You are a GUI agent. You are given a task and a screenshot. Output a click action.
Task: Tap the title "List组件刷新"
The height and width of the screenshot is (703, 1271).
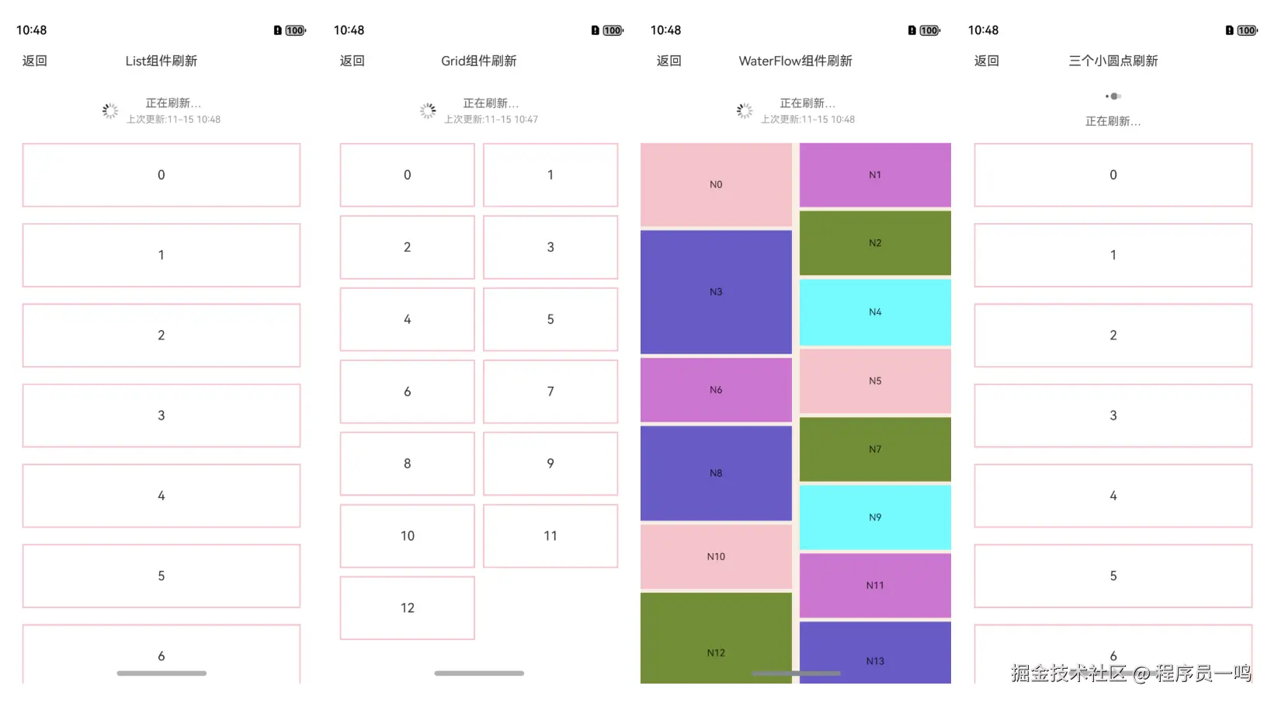[x=161, y=61]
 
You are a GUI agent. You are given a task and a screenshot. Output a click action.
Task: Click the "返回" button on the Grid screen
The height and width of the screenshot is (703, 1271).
[x=352, y=61]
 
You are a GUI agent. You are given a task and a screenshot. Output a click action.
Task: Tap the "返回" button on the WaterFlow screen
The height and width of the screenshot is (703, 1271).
[x=668, y=61]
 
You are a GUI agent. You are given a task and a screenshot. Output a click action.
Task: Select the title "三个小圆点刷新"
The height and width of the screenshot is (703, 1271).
[x=1113, y=61]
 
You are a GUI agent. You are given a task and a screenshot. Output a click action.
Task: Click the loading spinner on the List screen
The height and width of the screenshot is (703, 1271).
[x=110, y=111]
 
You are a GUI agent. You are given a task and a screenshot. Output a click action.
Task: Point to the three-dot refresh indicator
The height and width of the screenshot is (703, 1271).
[x=1113, y=96]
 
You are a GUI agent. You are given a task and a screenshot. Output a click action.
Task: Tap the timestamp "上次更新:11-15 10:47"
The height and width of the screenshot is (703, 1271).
[x=491, y=120]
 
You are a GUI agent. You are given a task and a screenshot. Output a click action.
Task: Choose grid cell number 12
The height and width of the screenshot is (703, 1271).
[x=407, y=608]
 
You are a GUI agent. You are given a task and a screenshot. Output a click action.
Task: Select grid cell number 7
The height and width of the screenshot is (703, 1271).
[x=550, y=392]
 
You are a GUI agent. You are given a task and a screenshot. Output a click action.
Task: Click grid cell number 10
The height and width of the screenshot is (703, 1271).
[x=407, y=536]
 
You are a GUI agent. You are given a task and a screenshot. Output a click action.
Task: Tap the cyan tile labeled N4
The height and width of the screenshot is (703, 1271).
[x=875, y=312]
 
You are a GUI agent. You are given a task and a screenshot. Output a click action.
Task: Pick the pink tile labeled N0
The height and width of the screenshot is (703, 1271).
[x=716, y=185]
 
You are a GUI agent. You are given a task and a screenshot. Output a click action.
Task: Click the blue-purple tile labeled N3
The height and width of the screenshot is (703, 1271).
[x=716, y=292]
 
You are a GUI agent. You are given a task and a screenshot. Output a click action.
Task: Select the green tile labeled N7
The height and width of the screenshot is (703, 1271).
[x=875, y=449]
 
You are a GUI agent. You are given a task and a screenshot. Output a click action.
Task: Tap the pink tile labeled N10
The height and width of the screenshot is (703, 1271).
[x=716, y=556]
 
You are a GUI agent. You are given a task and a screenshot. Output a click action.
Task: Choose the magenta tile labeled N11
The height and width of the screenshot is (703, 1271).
[x=875, y=586]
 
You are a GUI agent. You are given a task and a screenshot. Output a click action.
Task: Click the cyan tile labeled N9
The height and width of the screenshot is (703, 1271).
[x=875, y=517]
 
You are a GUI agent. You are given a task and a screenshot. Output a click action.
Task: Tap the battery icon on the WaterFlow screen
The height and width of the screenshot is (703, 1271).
[x=929, y=30]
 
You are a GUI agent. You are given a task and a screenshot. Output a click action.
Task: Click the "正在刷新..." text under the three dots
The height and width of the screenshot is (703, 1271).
[x=1113, y=121]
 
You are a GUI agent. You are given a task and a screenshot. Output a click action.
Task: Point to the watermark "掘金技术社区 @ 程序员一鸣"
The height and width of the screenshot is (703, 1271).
[x=1130, y=673]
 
